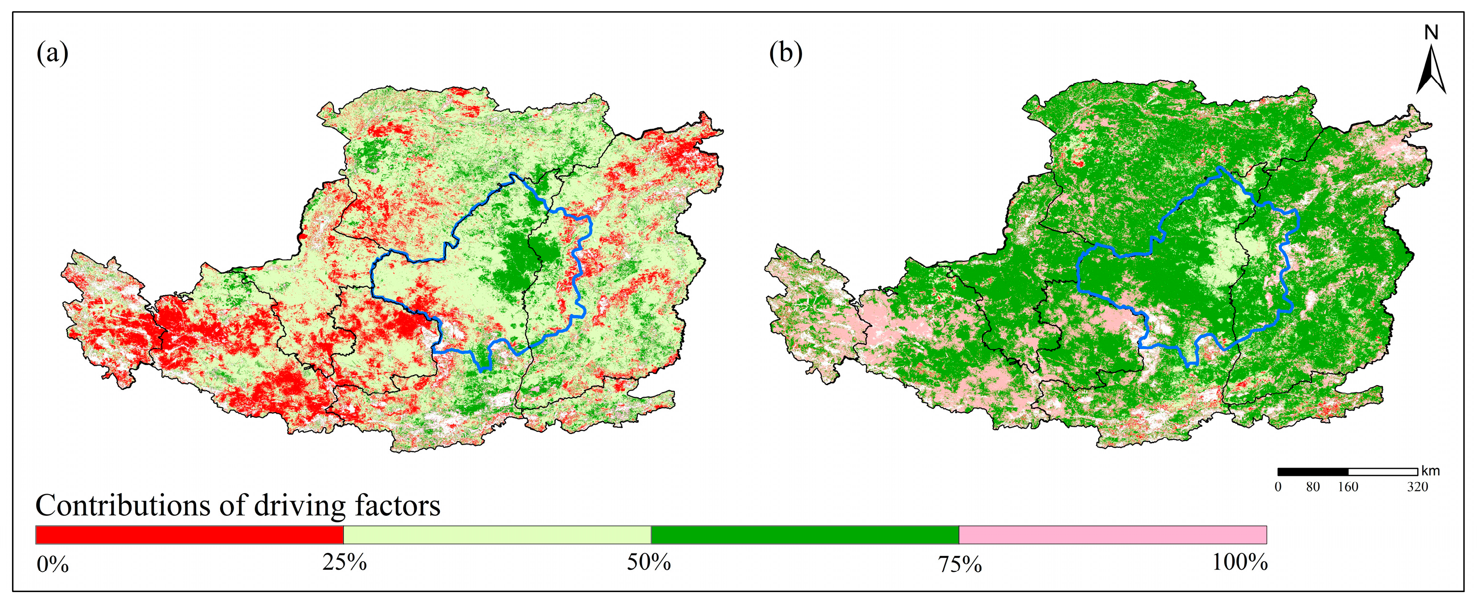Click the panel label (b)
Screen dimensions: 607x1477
pos(786,54)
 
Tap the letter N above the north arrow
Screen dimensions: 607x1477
pos(1431,33)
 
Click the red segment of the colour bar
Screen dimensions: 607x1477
pos(189,535)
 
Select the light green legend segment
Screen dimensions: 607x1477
pos(497,535)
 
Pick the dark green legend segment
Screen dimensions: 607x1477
pos(804,535)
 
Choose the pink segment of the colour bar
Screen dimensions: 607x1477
pos(1112,535)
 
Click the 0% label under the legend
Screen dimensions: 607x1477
pos(53,565)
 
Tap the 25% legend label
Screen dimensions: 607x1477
pos(344,562)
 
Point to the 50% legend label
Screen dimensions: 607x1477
pos(648,562)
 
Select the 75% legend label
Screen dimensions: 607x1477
pos(960,565)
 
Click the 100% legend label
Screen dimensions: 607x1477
pos(1240,562)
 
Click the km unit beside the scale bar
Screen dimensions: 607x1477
pos(1431,472)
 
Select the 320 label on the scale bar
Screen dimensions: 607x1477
pos(1417,487)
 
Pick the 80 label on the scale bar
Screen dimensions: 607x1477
pos(1313,487)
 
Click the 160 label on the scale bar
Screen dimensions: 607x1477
pos(1348,487)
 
